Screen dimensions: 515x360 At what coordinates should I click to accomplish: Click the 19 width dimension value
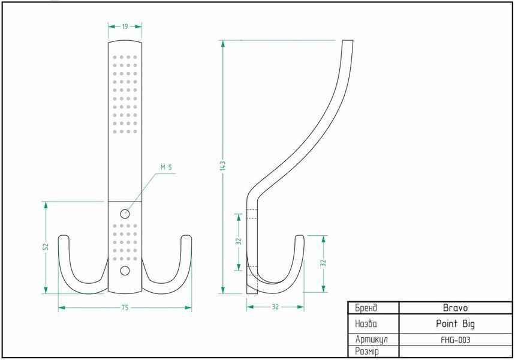tap(125, 26)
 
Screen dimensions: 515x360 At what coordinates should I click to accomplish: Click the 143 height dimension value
tap(223, 166)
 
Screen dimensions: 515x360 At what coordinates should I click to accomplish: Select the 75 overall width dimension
tap(125, 308)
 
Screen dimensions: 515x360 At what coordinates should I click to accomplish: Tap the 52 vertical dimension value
tap(46, 246)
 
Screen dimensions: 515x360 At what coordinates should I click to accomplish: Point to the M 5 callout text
tap(166, 167)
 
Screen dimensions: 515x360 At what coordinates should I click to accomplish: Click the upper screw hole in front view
tap(125, 214)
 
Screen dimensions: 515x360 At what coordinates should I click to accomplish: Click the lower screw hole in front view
tap(125, 271)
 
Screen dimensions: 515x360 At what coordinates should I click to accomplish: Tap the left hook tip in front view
tap(64, 236)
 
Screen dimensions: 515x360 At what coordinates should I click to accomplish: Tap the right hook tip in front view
tap(186, 236)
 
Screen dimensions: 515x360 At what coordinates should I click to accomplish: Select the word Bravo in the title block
tap(455, 308)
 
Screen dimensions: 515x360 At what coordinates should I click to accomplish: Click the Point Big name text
tap(455, 324)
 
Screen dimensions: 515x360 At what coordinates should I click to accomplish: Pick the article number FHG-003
tap(455, 340)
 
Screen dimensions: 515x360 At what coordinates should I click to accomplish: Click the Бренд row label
tap(366, 308)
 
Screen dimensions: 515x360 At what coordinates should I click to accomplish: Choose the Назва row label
tap(366, 324)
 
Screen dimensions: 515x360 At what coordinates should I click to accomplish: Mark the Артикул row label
tap(372, 339)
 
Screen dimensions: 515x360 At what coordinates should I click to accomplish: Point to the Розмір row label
tap(367, 352)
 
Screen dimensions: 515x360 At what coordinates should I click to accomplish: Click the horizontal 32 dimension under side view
tap(275, 307)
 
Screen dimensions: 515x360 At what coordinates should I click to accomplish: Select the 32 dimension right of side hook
tap(324, 263)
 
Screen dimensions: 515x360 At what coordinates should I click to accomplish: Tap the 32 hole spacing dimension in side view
tap(239, 241)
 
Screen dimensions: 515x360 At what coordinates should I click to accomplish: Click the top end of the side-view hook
tap(348, 41)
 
